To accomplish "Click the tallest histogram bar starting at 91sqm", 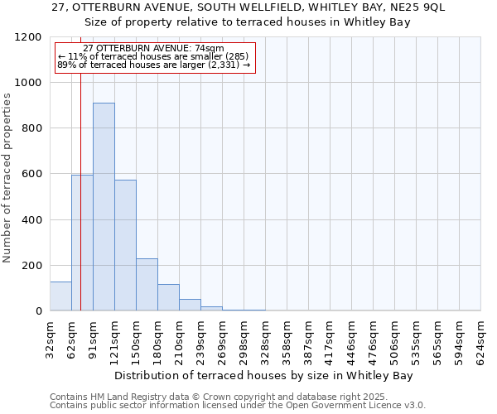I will click(x=104, y=207).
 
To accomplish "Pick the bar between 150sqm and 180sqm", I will click(x=147, y=285).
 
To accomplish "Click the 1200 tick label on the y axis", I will click(x=27, y=37).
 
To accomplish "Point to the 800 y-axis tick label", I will click(x=31, y=128).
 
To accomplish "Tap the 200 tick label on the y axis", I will click(x=31, y=266).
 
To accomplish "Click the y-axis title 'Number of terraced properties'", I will click(x=7, y=178).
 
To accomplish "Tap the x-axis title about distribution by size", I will click(x=263, y=375).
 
